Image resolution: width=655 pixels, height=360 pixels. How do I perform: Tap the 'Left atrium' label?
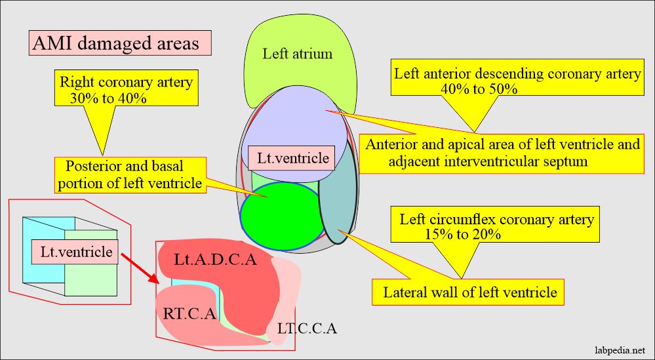pyautogui.click(x=297, y=54)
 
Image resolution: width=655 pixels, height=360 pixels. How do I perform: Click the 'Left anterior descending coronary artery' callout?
pyautogui.click(x=517, y=80)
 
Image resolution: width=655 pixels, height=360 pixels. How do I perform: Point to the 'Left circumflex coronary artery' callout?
pyautogui.click(x=497, y=226)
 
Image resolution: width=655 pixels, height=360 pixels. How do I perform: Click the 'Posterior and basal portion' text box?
pyautogui.click(x=130, y=174)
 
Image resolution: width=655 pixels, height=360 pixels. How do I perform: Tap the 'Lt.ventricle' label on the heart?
pyautogui.click(x=288, y=158)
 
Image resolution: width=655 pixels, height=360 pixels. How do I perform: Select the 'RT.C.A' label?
pyautogui.click(x=189, y=313)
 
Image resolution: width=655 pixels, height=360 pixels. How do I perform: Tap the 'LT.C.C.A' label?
pyautogui.click(x=307, y=329)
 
